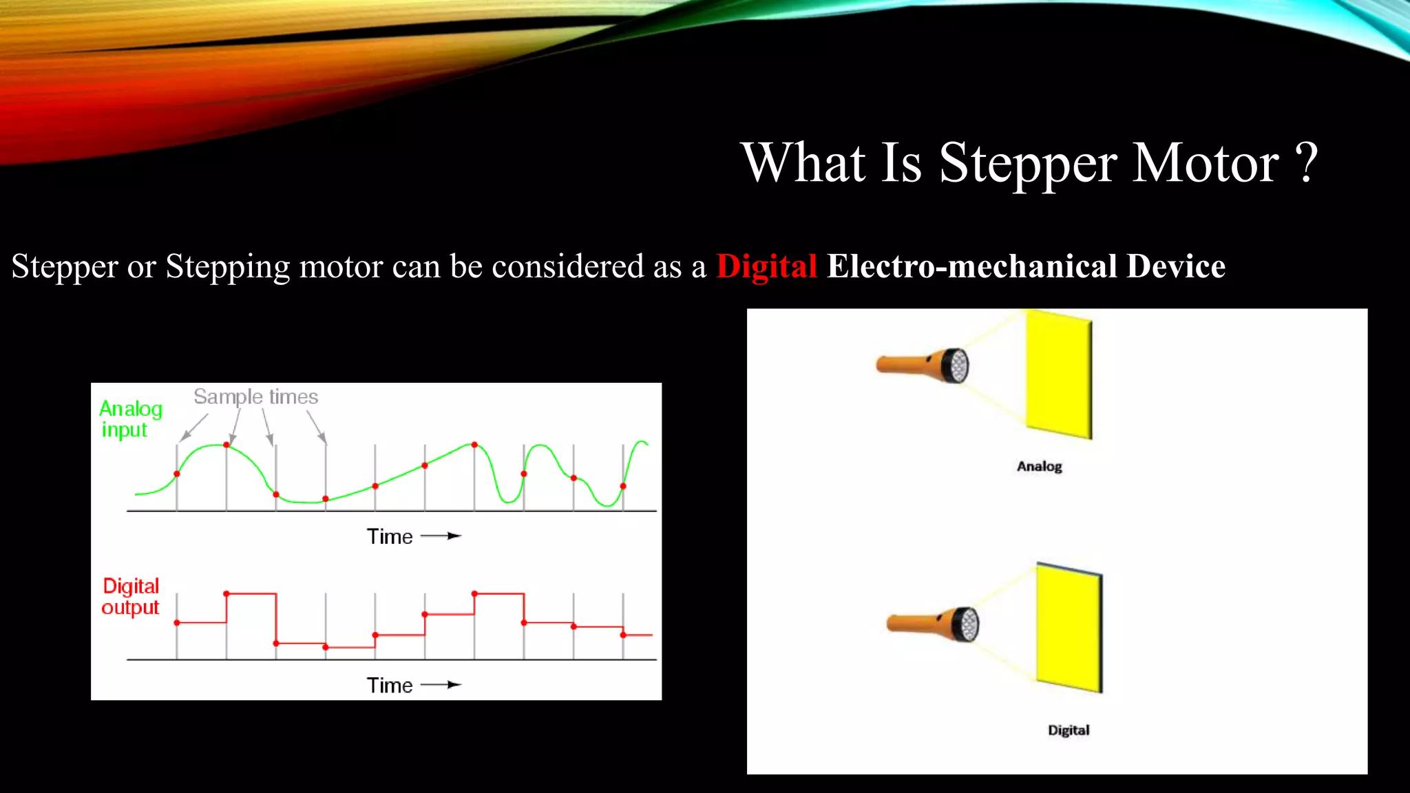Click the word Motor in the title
[x=1206, y=164]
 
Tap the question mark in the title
[x=1306, y=164]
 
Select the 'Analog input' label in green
[x=130, y=419]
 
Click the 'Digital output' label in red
[x=130, y=596]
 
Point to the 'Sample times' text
[x=255, y=397]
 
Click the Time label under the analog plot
[x=390, y=537]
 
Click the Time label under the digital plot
[x=390, y=686]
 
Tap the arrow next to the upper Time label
[x=441, y=536]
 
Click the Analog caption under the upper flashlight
[x=1039, y=467]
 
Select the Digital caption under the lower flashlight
[x=1069, y=730]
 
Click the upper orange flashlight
[x=923, y=365]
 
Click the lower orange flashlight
[x=933, y=624]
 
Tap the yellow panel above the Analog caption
[x=1058, y=375]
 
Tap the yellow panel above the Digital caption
[x=1069, y=628]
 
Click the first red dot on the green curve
[x=177, y=474]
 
